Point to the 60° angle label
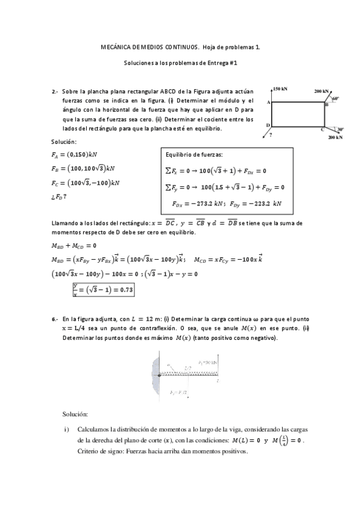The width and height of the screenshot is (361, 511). pyautogui.click(x=335, y=98)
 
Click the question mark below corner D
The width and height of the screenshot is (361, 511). pyautogui.click(x=271, y=135)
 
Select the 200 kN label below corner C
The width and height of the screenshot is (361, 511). pyautogui.click(x=335, y=138)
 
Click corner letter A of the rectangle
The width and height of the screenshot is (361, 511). pyautogui.click(x=268, y=102)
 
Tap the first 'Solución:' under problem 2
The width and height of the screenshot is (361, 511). pyautogui.click(x=64, y=142)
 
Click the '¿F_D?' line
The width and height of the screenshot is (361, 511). pyautogui.click(x=60, y=196)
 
